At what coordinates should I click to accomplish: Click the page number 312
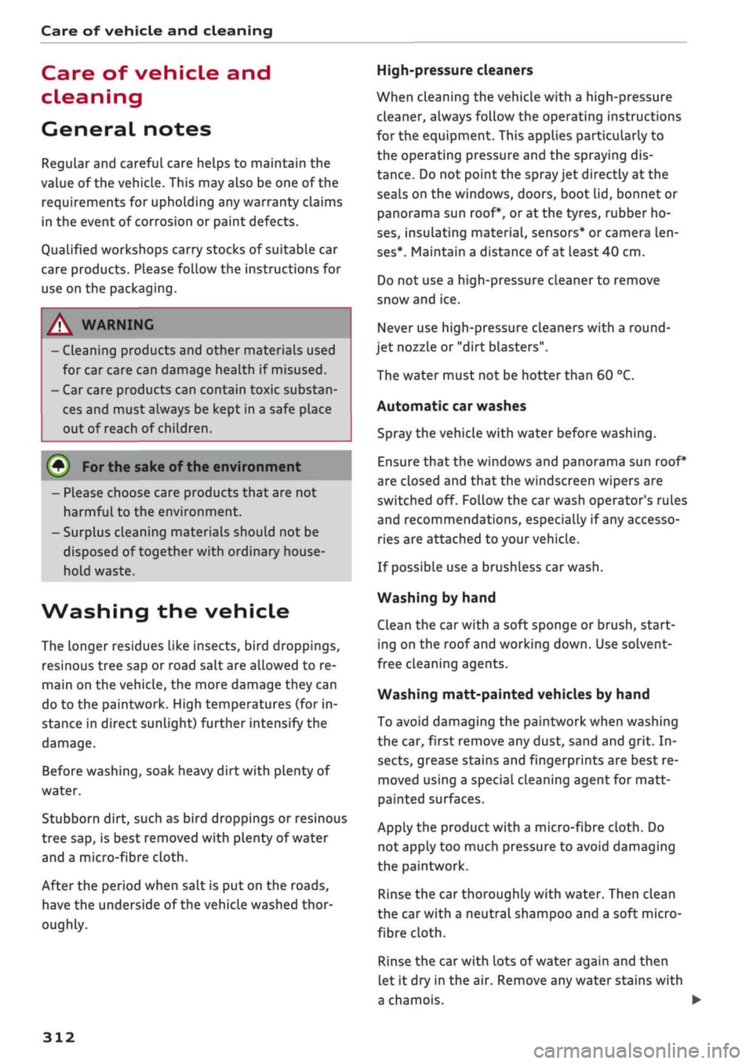pos(59,1037)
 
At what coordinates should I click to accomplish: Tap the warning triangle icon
pos(60,325)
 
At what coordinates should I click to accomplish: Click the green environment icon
pos(59,467)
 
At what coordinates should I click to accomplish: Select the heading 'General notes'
pos(126,129)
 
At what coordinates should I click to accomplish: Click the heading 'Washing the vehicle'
pos(166,611)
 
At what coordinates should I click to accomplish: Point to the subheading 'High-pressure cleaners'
pos(455,71)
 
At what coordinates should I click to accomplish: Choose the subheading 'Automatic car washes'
pos(452,406)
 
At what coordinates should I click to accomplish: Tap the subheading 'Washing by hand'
pos(437,597)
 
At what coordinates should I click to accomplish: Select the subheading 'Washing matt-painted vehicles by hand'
pos(514,694)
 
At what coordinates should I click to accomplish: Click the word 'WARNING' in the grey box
pos(118,325)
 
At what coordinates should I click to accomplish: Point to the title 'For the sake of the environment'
pos(191,467)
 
